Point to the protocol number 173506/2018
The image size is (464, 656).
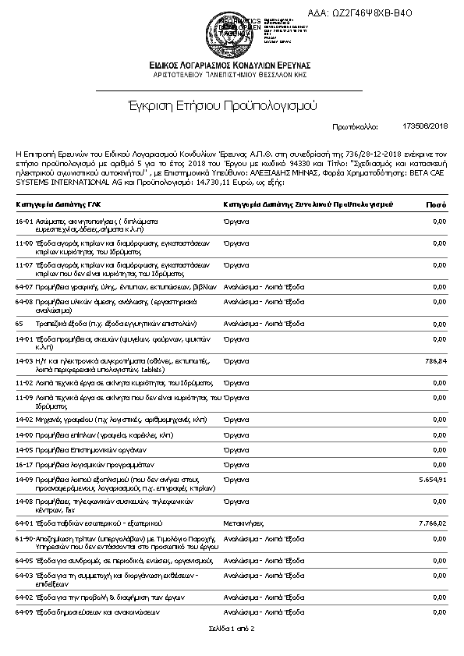pos(425,125)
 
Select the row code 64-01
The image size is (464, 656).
pos(23,523)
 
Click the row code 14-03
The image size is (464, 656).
pos(23,361)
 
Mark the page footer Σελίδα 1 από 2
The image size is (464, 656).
pos(232,628)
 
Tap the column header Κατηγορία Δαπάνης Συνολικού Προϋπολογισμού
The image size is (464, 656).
pos(307,204)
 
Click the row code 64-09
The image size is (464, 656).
pos(23,612)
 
